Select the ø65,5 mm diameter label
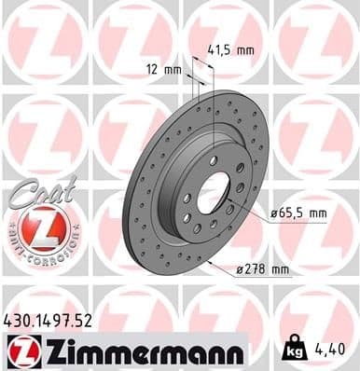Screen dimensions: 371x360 pyautogui.click(x=298, y=213)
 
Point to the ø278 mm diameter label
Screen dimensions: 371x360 pyautogui.click(x=264, y=270)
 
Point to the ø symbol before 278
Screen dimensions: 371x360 pyautogui.click(x=240, y=270)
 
